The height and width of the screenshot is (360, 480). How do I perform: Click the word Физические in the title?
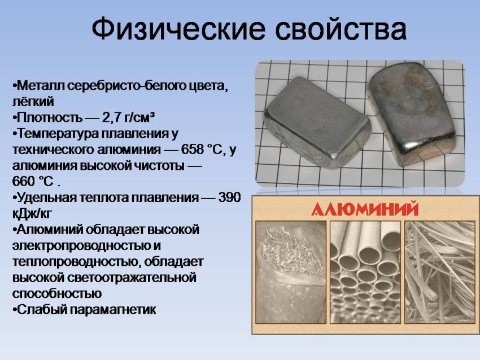[x=178, y=29]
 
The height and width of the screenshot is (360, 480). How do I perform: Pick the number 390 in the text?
[x=230, y=197]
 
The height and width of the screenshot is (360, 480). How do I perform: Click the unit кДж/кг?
[x=32, y=213]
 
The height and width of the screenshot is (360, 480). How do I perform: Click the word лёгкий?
[x=33, y=102]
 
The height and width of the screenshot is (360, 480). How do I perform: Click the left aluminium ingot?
[x=317, y=122]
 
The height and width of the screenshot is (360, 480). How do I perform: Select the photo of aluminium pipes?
[x=365, y=272]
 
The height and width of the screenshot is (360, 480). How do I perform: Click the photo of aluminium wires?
[x=439, y=272]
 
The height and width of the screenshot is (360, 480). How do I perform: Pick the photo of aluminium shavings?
[x=291, y=272]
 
